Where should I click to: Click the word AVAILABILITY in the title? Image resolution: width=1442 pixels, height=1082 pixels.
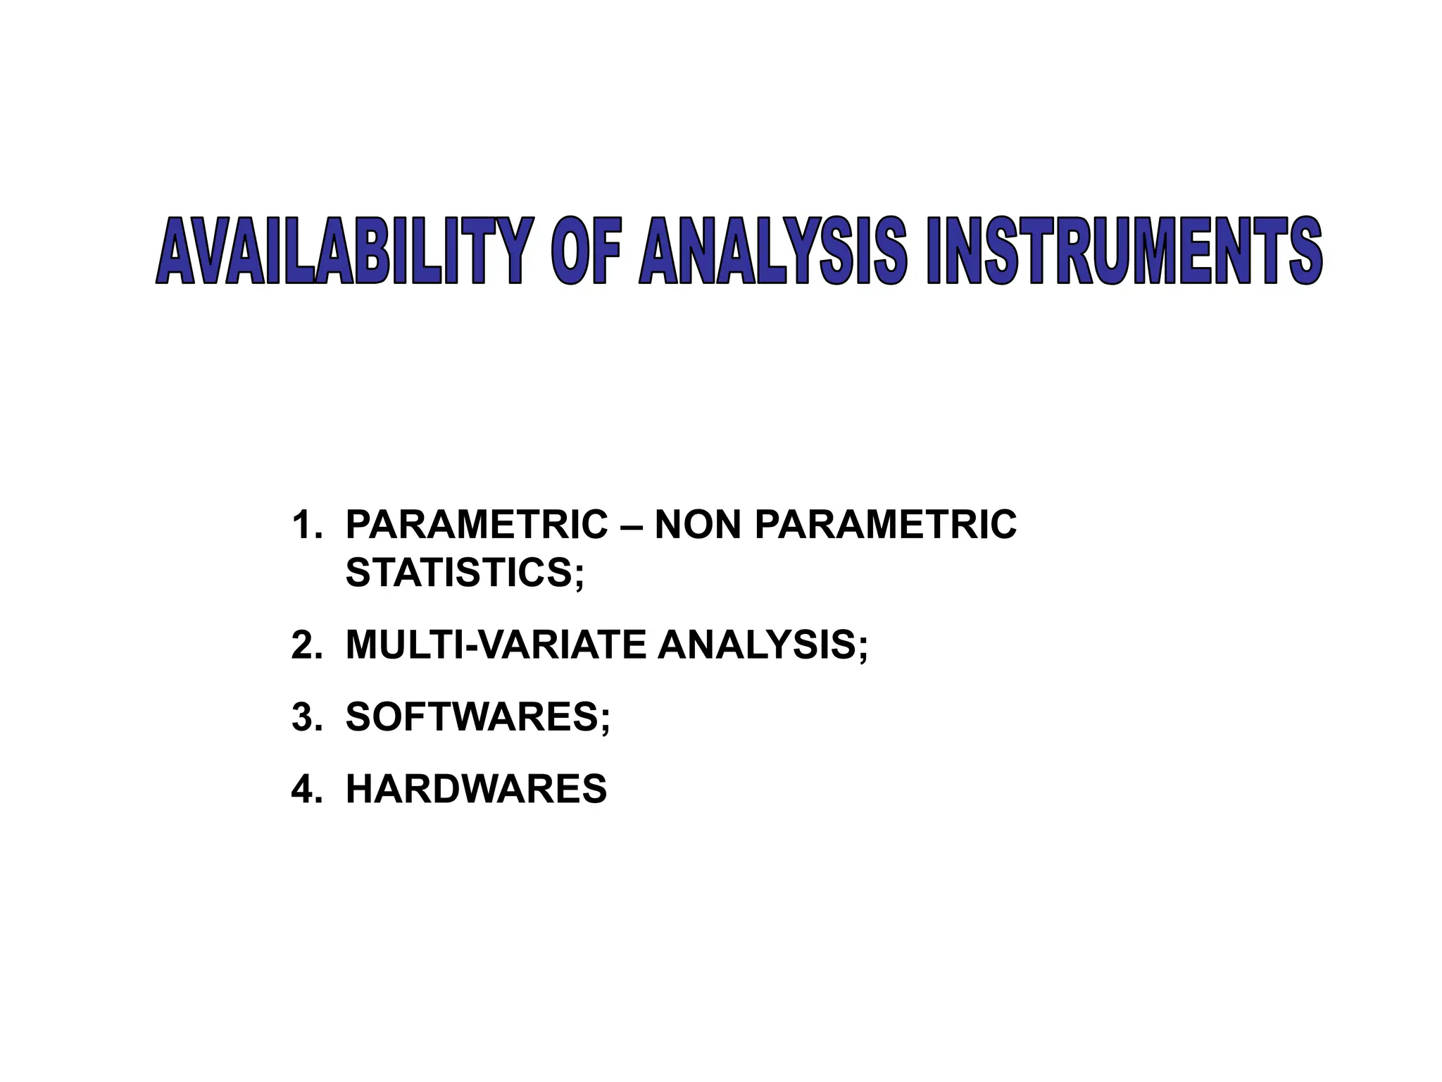pyautogui.click(x=341, y=251)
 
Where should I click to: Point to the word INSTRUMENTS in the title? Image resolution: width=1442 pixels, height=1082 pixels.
pyautogui.click(x=1124, y=251)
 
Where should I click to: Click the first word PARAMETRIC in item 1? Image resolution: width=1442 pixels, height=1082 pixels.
pyautogui.click(x=477, y=525)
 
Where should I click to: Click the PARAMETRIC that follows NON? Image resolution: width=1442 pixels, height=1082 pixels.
pyautogui.click(x=885, y=525)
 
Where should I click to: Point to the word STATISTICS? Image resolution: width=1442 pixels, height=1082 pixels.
pyautogui.click(x=459, y=572)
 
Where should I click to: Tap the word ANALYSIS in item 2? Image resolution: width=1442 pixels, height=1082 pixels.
pyautogui.click(x=756, y=645)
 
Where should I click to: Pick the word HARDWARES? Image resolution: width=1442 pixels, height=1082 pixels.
pyautogui.click(x=476, y=789)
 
